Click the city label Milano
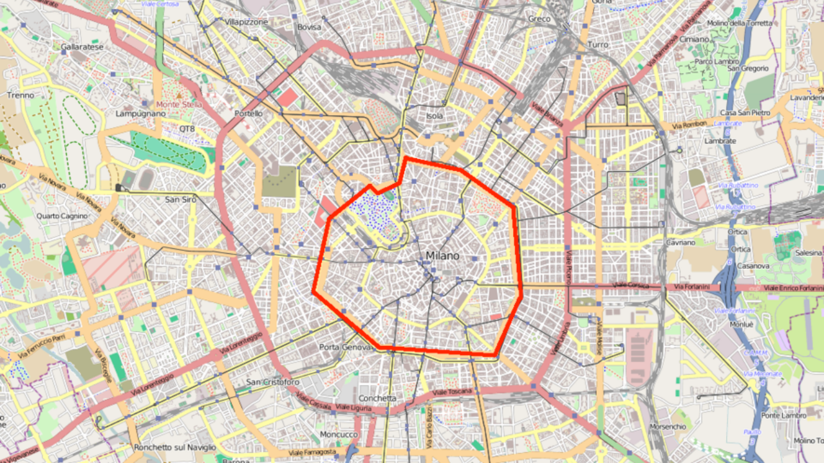(x=442, y=256)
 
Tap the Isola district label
(x=435, y=116)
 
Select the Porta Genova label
(x=346, y=347)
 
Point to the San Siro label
(x=180, y=199)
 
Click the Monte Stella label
(x=178, y=104)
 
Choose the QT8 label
(x=187, y=129)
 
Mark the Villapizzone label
(x=247, y=22)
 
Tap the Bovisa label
(x=309, y=27)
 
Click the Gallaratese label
(x=82, y=47)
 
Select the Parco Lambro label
(x=715, y=62)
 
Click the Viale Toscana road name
(x=453, y=392)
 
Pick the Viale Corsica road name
(x=630, y=285)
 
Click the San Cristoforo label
(x=273, y=382)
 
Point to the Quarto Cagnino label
(x=62, y=216)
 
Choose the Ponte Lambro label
(x=783, y=415)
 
